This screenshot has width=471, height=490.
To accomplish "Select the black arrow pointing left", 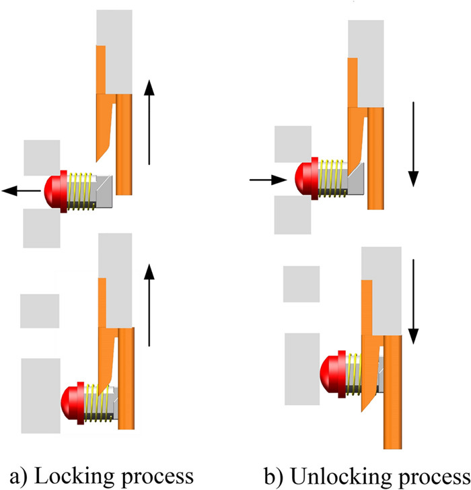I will point(21,192).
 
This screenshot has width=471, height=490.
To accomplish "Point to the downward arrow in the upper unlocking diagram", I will point(413,144).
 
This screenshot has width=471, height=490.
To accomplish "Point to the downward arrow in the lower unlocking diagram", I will point(412,300).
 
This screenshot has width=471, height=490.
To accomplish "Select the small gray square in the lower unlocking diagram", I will point(301,284).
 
